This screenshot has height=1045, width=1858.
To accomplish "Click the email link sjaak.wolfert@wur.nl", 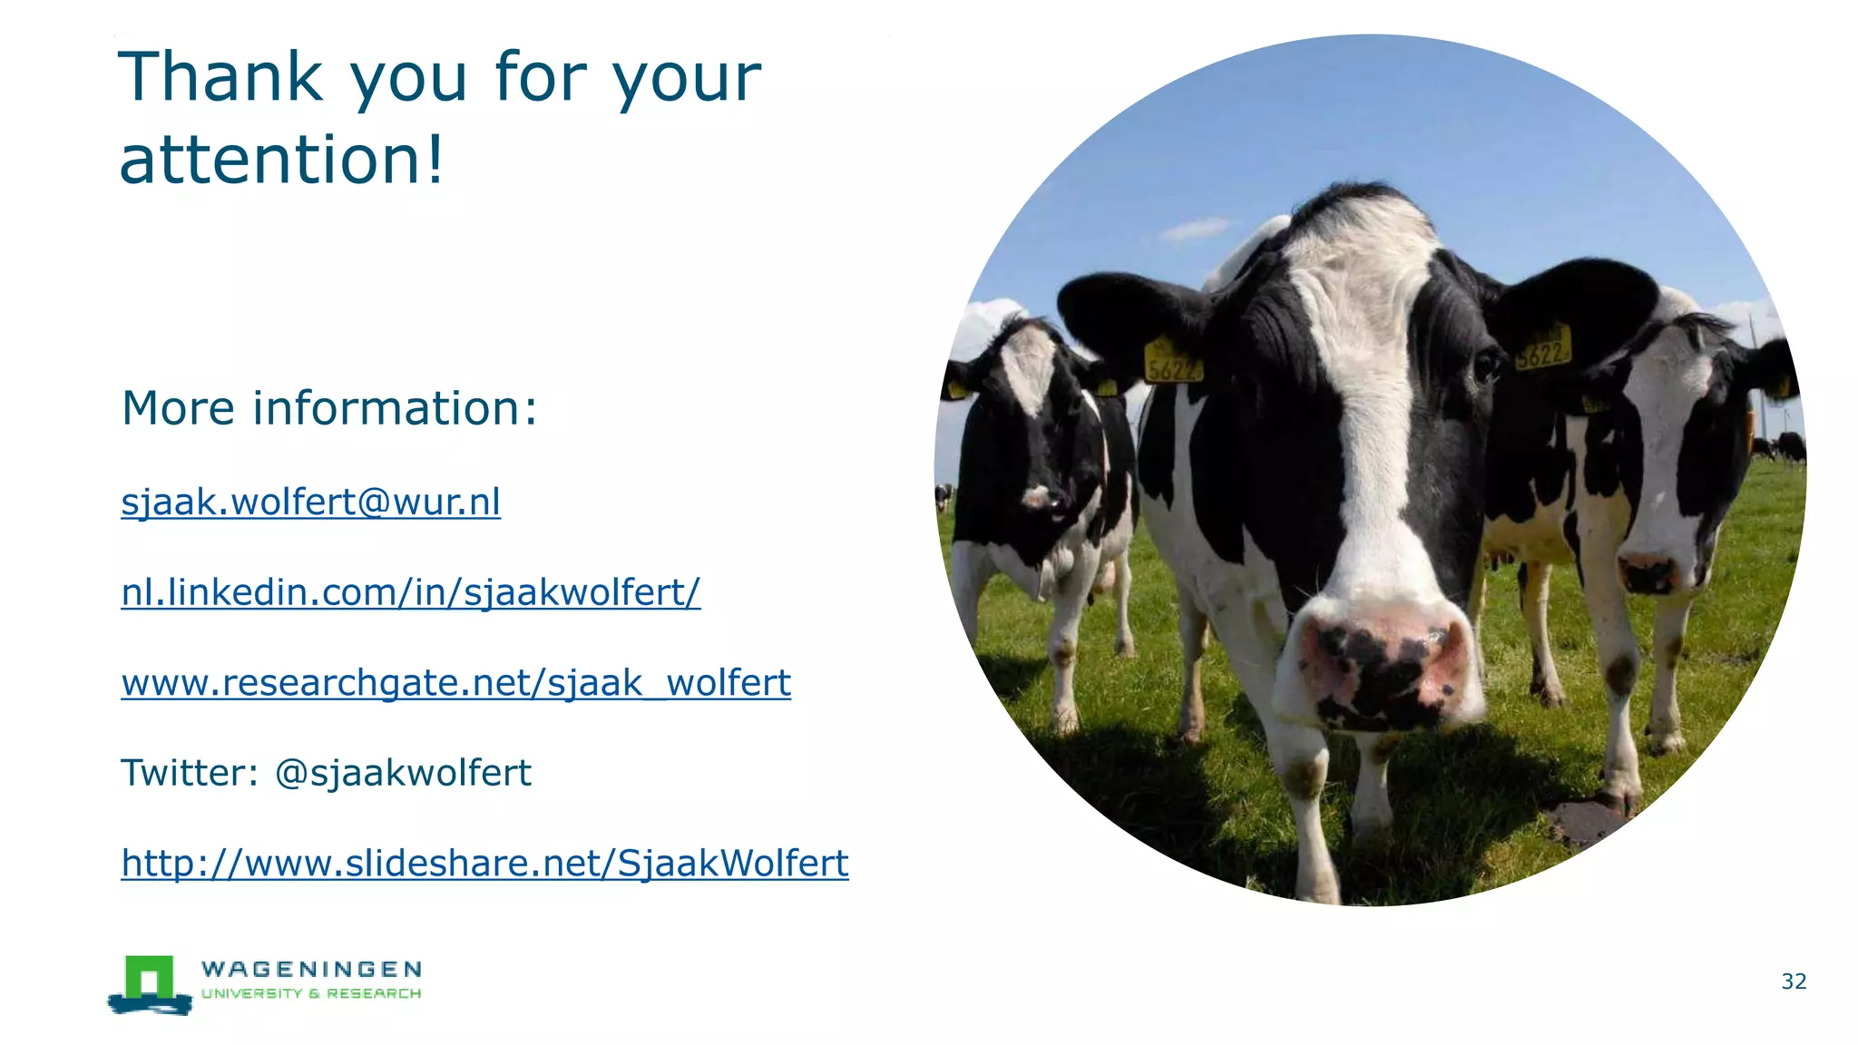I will coord(310,502).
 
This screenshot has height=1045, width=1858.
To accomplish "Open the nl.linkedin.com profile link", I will coord(410,592).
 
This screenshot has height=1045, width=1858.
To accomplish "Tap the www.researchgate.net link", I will coord(455,683).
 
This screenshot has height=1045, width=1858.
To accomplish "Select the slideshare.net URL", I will coord(484,863).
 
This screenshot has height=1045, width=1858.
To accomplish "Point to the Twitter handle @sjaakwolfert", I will coord(403,773).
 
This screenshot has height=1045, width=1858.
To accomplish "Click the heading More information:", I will coord(329,407).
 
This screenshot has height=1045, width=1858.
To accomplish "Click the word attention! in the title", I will coord(281,160).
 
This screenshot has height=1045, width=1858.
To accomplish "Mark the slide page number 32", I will coord(1794,982).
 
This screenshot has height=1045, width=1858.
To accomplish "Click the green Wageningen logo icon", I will coord(149,983).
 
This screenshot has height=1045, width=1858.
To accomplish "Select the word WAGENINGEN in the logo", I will coord(311,970).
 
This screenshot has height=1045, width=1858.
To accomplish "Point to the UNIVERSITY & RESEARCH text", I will coord(311,994).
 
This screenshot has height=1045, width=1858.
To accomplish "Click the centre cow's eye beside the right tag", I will coord(1487,366).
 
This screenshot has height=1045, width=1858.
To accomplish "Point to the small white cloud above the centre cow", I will coord(1197,229).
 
